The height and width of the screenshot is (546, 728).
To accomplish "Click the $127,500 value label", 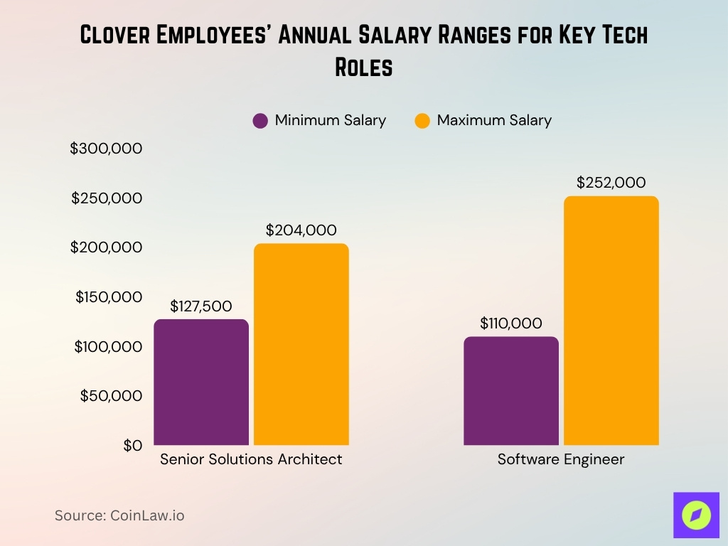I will (x=201, y=306).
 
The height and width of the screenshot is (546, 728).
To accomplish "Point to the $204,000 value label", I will (x=301, y=230).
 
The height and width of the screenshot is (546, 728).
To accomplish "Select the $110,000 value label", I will (x=510, y=323).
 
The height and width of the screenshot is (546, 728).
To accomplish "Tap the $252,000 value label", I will (x=611, y=183).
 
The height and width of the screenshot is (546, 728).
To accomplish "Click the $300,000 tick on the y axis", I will (x=106, y=149).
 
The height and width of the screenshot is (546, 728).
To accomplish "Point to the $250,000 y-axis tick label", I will (x=107, y=198).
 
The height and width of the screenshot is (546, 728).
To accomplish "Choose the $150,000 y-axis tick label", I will (x=109, y=297).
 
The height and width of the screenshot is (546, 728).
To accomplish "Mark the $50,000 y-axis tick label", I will (x=111, y=396).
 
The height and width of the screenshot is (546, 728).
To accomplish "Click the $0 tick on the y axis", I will (x=132, y=446).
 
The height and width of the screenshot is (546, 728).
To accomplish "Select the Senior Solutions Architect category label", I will (x=251, y=459).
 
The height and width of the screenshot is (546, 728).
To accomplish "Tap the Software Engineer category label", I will (x=560, y=459).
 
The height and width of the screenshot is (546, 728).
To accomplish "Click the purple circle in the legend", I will (x=260, y=121).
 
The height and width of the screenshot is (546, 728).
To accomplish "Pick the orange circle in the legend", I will (x=422, y=121).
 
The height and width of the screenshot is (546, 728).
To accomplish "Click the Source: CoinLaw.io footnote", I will (x=119, y=515).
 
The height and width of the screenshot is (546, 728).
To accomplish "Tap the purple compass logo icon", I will (x=696, y=515).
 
